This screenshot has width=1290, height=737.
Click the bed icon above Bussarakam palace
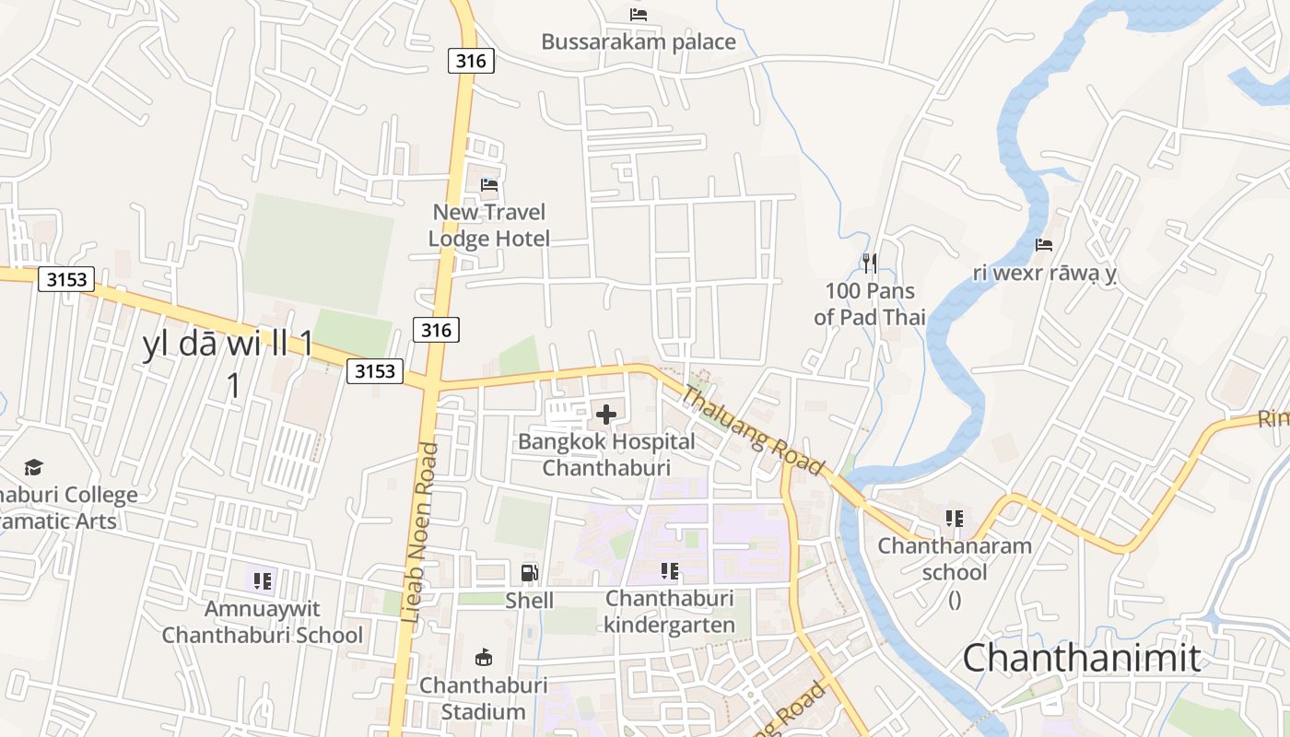click(x=639, y=14)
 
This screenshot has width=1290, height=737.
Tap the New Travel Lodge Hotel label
click(x=489, y=226)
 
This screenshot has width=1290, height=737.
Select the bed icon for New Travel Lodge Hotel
click(x=489, y=185)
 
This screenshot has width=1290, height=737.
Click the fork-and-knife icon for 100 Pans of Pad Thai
click(x=870, y=263)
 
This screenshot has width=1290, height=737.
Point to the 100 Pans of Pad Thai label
click(x=870, y=304)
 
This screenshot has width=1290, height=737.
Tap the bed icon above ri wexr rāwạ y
click(x=1044, y=245)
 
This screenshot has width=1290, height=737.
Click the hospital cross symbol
click(x=606, y=415)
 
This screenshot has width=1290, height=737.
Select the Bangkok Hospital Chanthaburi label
click(x=606, y=454)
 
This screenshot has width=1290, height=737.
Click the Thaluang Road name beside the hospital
click(x=752, y=430)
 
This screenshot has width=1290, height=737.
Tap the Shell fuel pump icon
click(x=530, y=573)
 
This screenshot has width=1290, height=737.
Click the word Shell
click(x=530, y=601)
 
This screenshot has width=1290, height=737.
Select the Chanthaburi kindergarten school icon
click(x=670, y=571)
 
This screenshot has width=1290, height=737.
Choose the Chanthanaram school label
click(x=955, y=559)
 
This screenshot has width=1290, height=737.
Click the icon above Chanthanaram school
click(x=955, y=519)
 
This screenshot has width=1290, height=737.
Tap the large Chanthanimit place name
click(x=1082, y=659)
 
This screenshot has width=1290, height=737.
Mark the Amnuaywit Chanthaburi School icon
click(x=263, y=581)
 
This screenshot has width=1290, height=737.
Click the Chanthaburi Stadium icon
click(x=483, y=657)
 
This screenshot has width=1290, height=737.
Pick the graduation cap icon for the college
click(x=34, y=467)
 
